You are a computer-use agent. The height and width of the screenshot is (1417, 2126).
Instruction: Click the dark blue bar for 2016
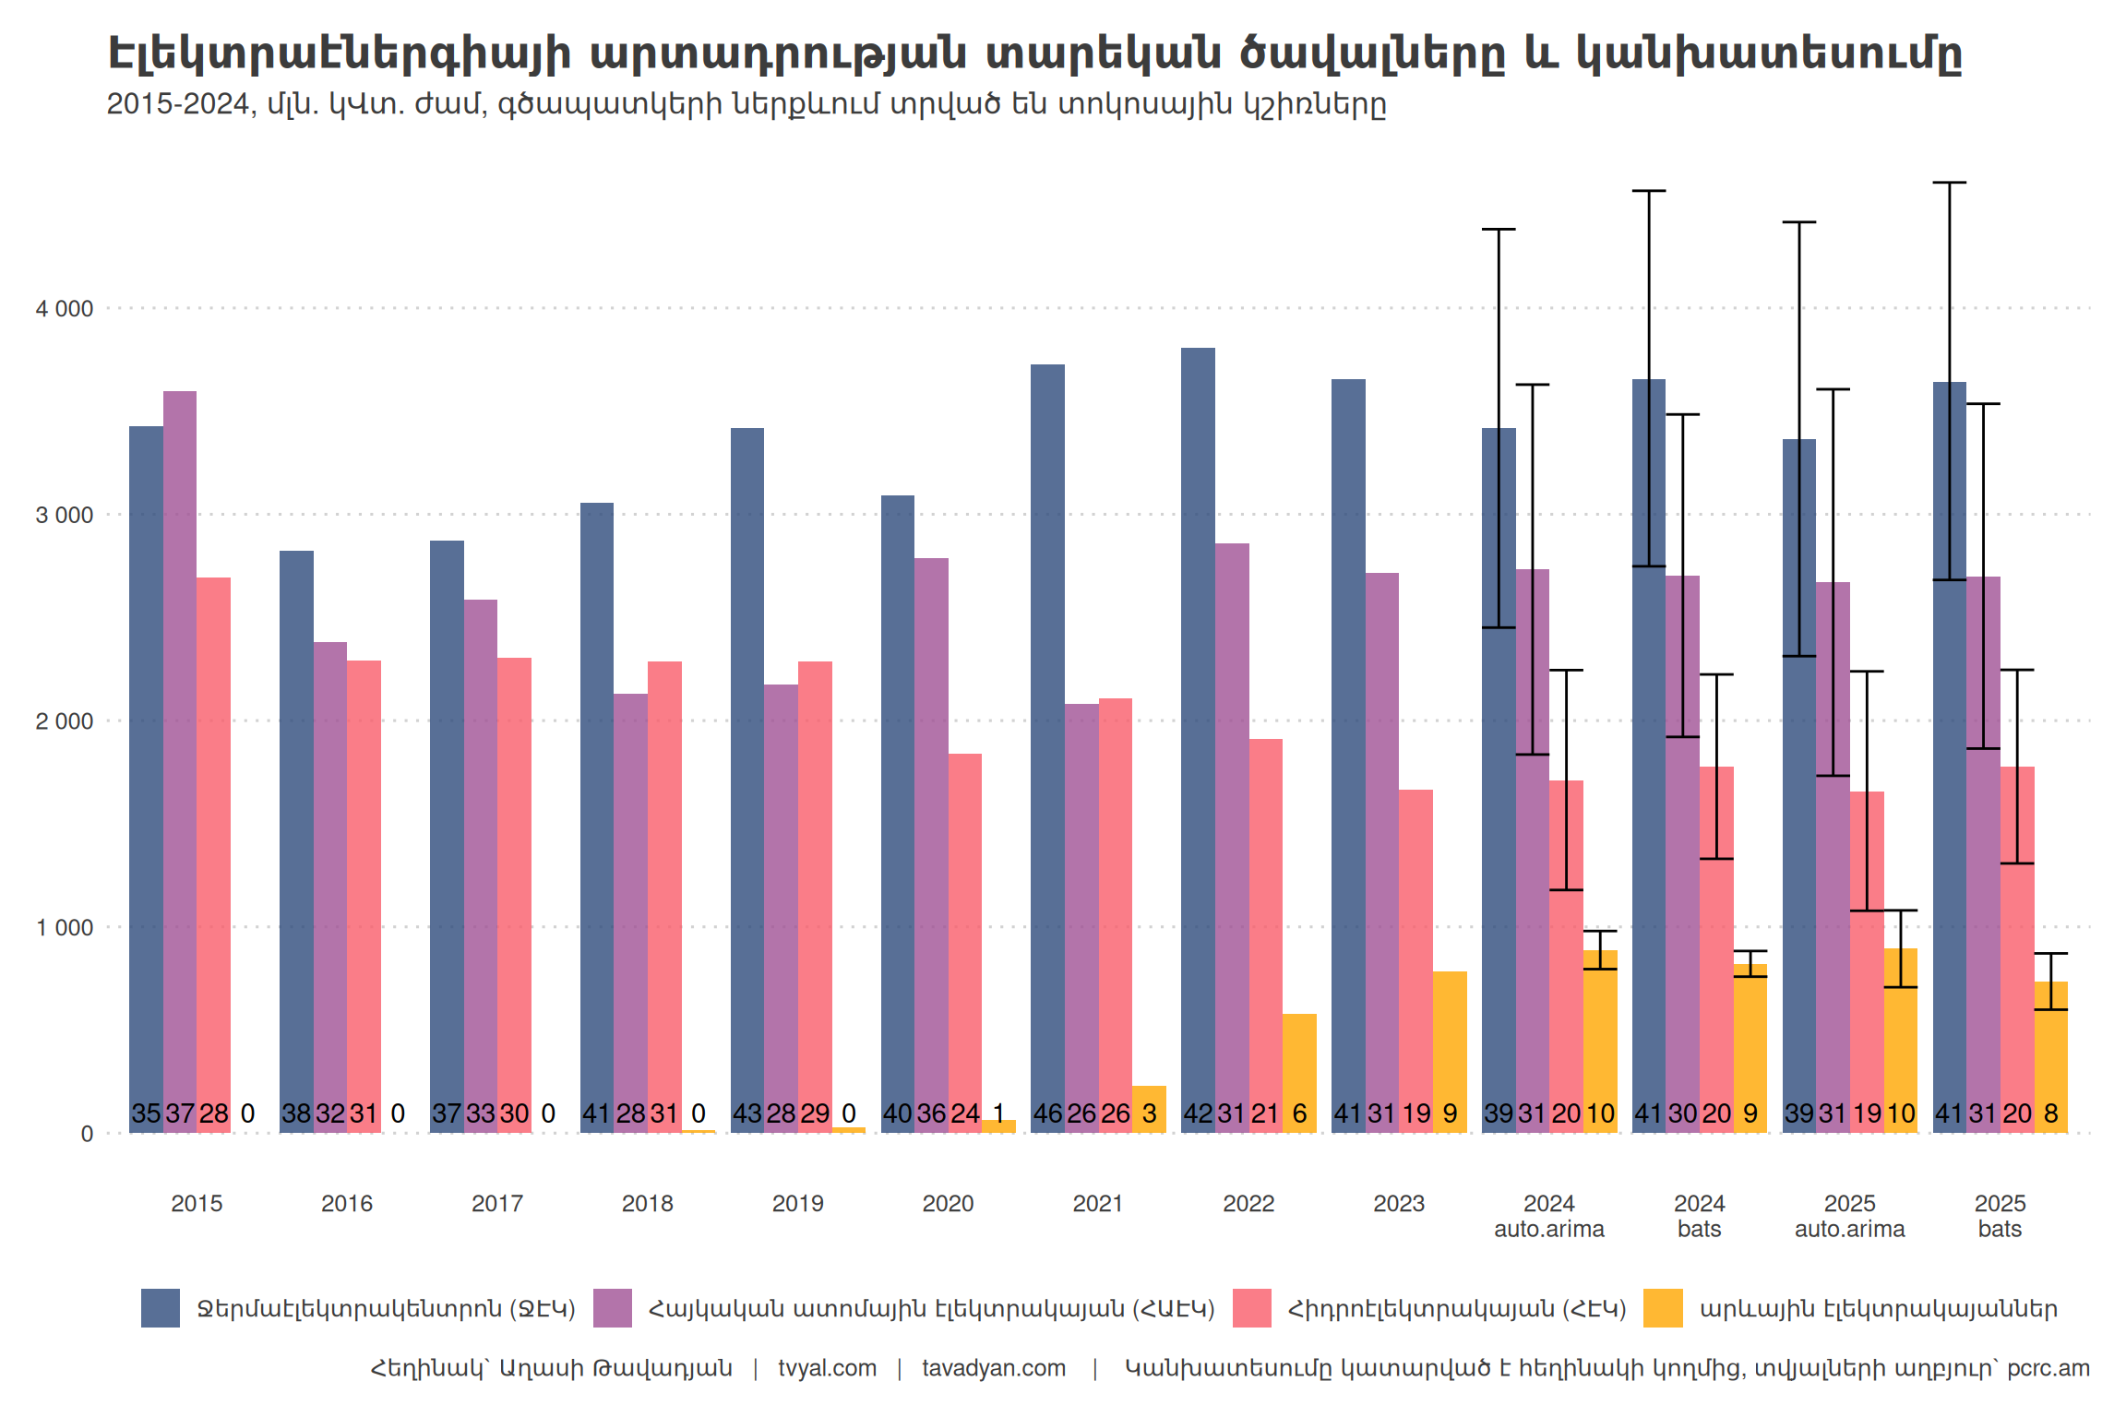point(296,830)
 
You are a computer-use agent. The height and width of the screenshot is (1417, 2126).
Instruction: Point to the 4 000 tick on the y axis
point(65,309)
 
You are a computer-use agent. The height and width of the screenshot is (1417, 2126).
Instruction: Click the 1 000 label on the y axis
point(65,928)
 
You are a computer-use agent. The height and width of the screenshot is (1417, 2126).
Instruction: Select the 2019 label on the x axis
point(797,1203)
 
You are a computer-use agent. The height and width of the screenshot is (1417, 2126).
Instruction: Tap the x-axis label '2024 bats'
point(1699,1216)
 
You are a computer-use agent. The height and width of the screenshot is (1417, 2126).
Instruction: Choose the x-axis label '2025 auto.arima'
point(1849,1216)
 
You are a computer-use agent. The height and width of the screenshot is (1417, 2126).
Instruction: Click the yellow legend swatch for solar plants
point(1663,1308)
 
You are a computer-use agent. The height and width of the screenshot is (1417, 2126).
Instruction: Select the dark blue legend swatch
point(161,1308)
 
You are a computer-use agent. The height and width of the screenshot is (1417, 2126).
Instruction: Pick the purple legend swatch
point(613,1308)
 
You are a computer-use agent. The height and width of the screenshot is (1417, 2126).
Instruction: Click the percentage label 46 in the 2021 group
point(1047,1114)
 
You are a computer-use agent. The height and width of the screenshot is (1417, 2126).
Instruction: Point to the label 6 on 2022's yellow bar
point(1299,1114)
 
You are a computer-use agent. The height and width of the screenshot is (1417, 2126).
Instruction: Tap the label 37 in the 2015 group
point(180,1114)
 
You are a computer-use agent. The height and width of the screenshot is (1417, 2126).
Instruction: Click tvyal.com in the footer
point(827,1368)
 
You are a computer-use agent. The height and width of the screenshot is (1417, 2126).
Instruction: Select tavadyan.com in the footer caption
point(994,1368)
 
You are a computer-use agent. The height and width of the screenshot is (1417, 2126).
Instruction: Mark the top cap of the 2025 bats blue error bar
point(1950,183)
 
